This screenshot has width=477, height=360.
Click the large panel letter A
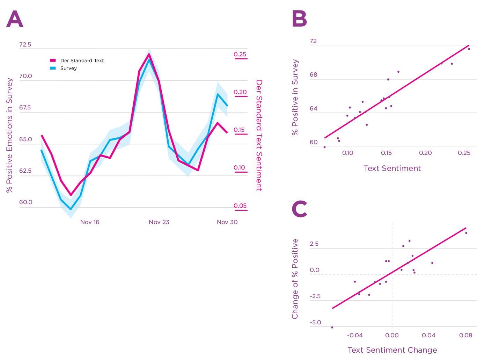click(x=15, y=20)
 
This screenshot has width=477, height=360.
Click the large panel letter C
click(x=299, y=209)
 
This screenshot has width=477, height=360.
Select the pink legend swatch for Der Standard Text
click(x=53, y=60)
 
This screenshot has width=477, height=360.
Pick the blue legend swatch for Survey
click(x=53, y=68)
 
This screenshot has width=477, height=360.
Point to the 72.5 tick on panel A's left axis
click(x=25, y=45)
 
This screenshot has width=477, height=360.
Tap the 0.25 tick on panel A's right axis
click(x=240, y=54)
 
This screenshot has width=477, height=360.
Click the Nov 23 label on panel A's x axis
click(x=159, y=222)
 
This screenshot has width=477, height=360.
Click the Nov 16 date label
click(x=90, y=222)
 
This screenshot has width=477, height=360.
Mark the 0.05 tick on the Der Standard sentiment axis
click(x=240, y=206)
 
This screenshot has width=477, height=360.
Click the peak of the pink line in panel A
click(x=149, y=54)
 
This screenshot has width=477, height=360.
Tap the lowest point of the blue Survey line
click(x=71, y=209)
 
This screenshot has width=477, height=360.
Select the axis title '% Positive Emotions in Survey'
click(x=9, y=135)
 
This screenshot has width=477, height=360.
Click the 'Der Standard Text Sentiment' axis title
click(x=259, y=135)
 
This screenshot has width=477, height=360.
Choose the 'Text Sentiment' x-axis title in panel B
click(x=392, y=168)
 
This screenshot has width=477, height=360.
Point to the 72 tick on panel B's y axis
click(x=313, y=41)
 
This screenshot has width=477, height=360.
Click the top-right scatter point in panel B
click(x=469, y=49)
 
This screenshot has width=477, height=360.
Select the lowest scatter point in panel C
click(x=332, y=327)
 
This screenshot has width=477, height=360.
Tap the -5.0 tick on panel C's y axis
click(x=315, y=322)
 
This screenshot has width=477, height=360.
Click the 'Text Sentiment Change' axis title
click(x=392, y=350)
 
